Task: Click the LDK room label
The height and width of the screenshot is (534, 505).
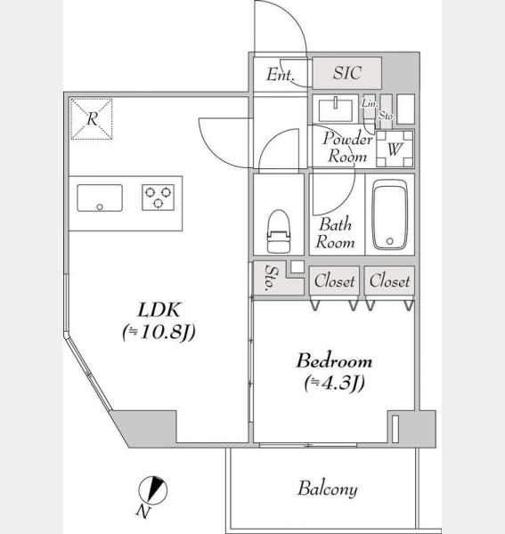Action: point(159,310)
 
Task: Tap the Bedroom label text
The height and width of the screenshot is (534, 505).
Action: point(334,361)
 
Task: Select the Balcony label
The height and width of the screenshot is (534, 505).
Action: point(328,489)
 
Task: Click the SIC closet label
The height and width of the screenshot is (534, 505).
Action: point(347,73)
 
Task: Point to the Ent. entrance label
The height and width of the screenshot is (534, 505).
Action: point(280,75)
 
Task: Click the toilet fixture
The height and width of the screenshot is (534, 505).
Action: point(279,231)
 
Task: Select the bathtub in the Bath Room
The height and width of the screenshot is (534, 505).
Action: point(390,214)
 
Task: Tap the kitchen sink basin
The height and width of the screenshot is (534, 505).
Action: point(100,198)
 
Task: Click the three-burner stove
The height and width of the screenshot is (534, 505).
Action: point(158,198)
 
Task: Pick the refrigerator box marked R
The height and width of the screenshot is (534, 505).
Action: point(92,119)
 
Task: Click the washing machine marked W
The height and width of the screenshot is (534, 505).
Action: point(395,149)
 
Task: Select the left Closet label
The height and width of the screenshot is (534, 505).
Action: point(334,281)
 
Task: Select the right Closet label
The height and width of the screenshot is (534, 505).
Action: point(389,281)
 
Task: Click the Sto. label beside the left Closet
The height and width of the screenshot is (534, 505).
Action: point(272,278)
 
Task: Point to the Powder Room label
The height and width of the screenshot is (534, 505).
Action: point(347,148)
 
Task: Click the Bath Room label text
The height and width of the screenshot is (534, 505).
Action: point(335,233)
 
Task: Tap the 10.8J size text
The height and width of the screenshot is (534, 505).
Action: point(159,332)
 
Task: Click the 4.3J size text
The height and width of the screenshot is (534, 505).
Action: point(335,383)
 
